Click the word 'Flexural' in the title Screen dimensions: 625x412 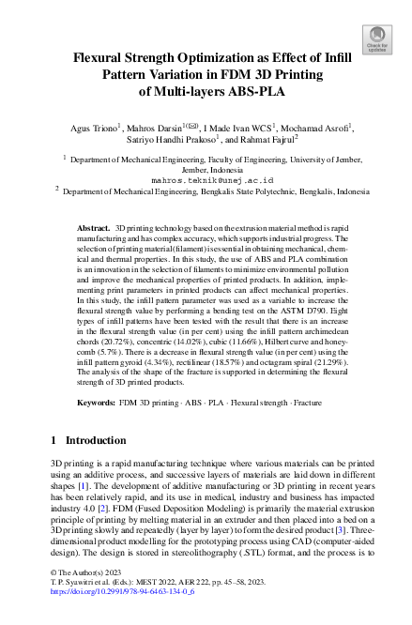(x=103, y=57)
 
